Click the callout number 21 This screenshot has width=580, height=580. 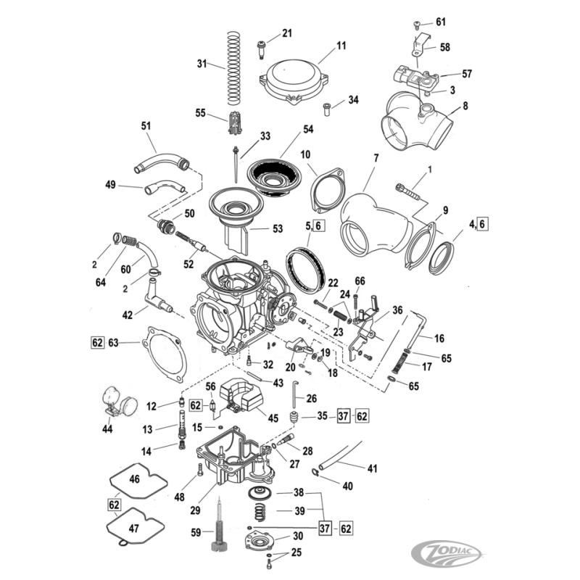(287, 33)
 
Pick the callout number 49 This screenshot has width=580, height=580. (111, 185)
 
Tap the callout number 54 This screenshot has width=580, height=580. (308, 128)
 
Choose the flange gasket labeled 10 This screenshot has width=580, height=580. (326, 191)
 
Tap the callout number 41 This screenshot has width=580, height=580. (372, 469)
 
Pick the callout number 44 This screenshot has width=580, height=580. (107, 429)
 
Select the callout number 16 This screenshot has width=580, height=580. (439, 338)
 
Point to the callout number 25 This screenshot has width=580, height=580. (297, 553)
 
